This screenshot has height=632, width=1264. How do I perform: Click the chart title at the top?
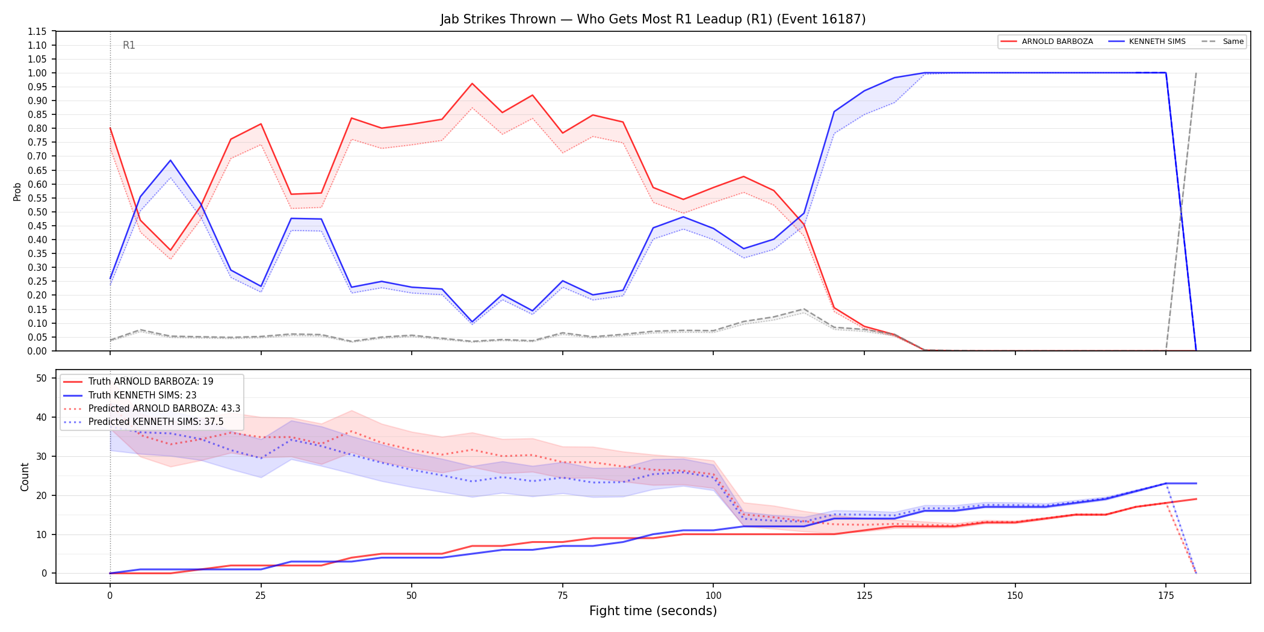pos(653,19)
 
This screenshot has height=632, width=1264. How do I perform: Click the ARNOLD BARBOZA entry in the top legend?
pos(1057,42)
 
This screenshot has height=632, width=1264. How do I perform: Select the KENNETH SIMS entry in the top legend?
pos(1157,42)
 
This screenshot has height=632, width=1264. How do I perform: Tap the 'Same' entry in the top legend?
pos(1233,42)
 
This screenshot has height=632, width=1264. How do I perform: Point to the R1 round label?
pos(129,45)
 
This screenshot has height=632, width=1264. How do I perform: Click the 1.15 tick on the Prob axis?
pos(37,31)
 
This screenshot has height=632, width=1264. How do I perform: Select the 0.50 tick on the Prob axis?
pos(37,212)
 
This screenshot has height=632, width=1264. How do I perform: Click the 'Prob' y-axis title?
pos(17,191)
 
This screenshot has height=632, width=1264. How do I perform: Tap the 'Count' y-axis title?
pos(25,477)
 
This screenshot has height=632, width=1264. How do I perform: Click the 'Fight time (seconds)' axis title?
pos(653,611)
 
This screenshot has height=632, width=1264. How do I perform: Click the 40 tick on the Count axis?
pos(41,417)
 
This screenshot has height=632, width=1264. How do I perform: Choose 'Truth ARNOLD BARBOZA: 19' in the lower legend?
pos(150,382)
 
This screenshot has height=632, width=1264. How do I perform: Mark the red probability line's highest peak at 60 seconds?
pos(472,84)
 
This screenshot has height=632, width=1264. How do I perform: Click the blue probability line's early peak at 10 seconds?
pos(170,160)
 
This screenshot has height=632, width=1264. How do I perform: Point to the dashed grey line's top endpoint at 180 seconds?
pos(1196,73)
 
